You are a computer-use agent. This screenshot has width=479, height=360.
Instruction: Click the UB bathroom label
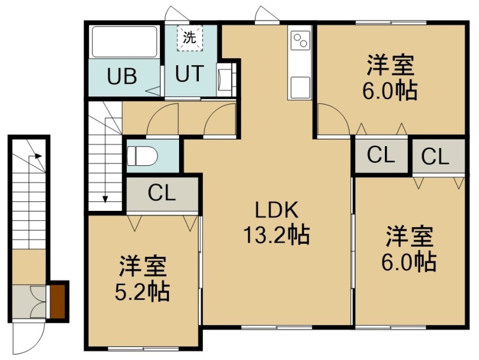click(x=122, y=77)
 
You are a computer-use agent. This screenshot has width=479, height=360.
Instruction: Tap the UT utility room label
click(x=189, y=73)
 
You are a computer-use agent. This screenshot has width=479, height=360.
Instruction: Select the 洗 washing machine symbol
click(x=190, y=38)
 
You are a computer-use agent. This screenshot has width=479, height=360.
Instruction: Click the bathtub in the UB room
click(x=125, y=42)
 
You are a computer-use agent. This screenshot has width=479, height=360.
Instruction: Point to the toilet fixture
click(x=142, y=156)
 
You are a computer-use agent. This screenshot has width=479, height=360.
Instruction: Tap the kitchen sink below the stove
click(x=299, y=86)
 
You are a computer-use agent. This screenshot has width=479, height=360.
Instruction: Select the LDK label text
click(x=277, y=210)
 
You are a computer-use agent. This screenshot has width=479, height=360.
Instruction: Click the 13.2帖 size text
click(x=277, y=235)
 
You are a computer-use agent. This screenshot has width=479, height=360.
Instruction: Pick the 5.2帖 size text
click(x=142, y=292)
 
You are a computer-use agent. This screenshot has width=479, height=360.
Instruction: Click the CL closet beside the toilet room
click(x=162, y=193)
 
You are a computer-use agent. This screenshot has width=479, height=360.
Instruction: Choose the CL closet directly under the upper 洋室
click(x=381, y=156)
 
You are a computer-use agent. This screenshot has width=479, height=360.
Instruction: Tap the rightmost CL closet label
click(x=435, y=157)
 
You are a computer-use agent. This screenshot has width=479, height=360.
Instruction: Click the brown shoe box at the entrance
click(x=57, y=301)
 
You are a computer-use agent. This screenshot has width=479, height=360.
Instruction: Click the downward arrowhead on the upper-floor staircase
click(x=105, y=199)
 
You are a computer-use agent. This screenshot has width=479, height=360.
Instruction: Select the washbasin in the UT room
click(x=222, y=80)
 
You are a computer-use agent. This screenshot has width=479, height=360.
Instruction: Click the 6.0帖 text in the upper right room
click(x=390, y=90)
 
